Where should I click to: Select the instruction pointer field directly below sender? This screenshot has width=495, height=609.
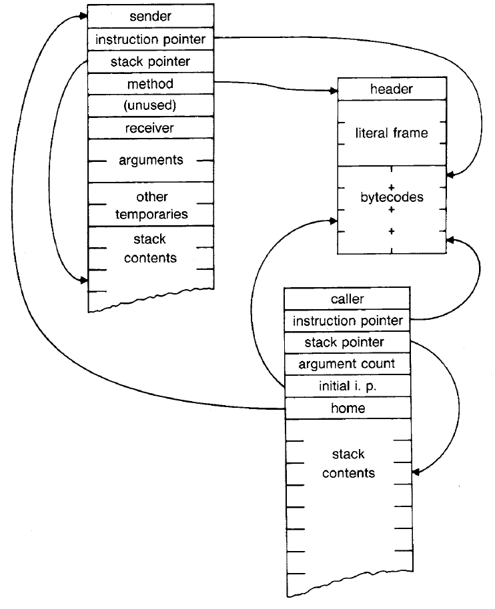pos(151,39)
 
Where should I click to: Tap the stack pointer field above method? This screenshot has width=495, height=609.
pos(151,62)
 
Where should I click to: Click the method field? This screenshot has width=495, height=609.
pos(151,84)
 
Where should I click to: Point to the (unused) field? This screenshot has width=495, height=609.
pos(151,105)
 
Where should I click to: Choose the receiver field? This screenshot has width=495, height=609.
pos(151,127)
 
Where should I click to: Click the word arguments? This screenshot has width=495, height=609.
pos(151,161)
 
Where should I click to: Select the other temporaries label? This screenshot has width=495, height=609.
pos(151,205)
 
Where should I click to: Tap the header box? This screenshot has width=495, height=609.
pos(392,89)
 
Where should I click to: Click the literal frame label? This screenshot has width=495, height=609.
pos(392,133)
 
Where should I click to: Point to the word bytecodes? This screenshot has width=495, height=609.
pos(392,198)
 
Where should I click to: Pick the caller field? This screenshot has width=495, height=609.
pos(347,299)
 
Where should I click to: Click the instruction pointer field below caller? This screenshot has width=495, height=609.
pos(347,321)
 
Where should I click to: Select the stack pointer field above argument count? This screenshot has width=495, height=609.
pos(347,342)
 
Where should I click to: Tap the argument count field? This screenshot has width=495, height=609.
pos(347,364)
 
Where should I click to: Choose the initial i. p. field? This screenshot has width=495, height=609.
pos(347,386)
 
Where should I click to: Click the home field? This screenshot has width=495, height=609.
pos(347,408)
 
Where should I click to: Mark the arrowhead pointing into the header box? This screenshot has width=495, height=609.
pos(333,90)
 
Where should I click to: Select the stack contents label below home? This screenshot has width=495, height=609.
pos(348,464)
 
